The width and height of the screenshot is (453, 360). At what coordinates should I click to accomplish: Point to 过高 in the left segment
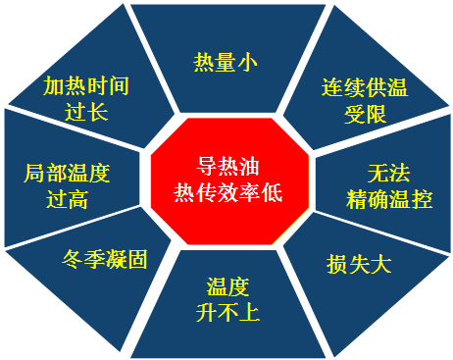tap(67, 200)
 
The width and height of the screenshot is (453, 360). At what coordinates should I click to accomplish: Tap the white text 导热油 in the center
tap(226, 166)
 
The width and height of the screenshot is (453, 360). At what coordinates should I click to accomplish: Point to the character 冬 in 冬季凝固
tap(72, 260)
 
